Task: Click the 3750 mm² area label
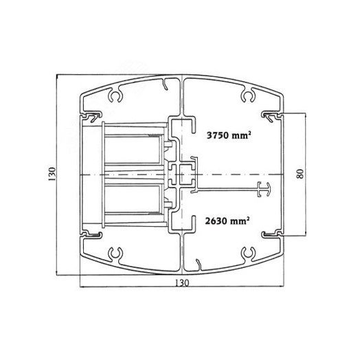tap(229, 135)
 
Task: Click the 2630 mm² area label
tap(227, 221)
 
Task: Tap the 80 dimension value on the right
tap(300, 174)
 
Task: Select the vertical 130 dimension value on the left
tap(52, 174)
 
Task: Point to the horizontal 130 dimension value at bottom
tap(182, 283)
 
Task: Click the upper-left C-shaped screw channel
tap(115, 96)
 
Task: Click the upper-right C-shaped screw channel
tap(248, 96)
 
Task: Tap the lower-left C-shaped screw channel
tap(115, 254)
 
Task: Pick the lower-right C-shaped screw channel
tap(248, 254)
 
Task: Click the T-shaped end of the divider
tap(264, 190)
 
